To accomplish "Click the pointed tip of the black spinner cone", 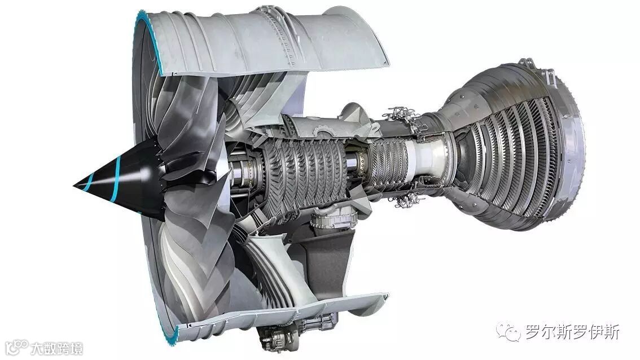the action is [x=74, y=186].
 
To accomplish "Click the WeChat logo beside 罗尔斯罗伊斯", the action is [x=509, y=332].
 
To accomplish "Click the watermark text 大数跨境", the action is [x=56, y=348].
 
